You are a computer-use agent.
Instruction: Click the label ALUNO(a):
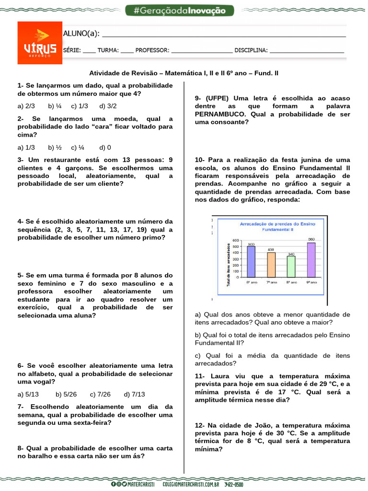click(x=81, y=33)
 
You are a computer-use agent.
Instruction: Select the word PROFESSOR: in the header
click(x=152, y=50)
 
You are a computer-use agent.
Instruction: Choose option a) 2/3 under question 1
click(x=26, y=106)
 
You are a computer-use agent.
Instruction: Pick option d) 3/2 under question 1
click(x=108, y=106)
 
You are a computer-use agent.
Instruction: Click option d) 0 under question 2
click(x=105, y=148)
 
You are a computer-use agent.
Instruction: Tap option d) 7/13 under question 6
click(x=134, y=394)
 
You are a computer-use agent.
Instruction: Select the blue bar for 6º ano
click(x=251, y=263)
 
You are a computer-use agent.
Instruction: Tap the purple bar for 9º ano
click(x=311, y=261)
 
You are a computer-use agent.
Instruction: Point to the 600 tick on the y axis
click(x=235, y=241)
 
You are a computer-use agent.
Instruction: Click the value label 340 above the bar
click(x=291, y=254)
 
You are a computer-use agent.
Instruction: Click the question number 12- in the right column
click(x=200, y=425)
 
